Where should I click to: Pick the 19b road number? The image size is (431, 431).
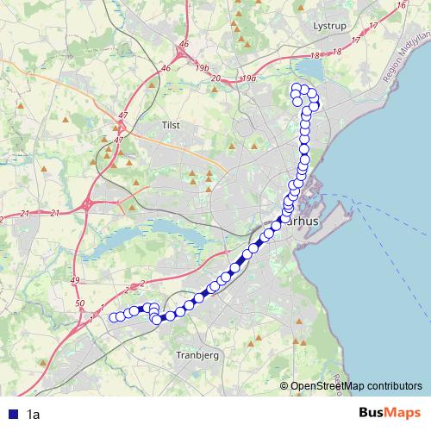202,66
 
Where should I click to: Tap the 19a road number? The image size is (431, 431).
250,78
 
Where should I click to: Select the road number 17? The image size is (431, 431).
373,27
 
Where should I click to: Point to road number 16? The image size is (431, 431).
401,6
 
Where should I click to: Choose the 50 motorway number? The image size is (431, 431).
80,303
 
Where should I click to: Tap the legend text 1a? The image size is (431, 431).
34,414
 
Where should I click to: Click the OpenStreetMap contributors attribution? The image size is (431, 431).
355,385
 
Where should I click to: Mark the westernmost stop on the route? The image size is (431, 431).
113,317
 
